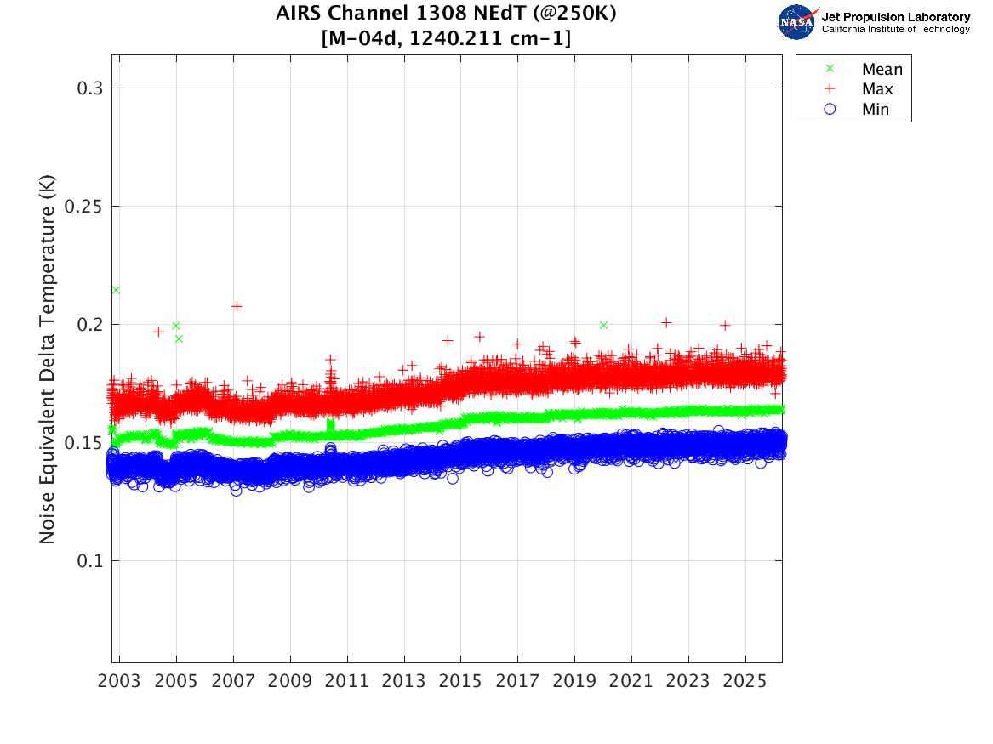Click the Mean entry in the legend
pos(882,70)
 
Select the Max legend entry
pos(877,89)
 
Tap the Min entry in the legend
pos(876,109)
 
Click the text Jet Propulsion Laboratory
pos(895,17)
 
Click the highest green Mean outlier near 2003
pos(116,290)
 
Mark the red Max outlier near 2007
pos(237,306)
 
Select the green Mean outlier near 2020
pos(603,325)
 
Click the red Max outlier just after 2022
pos(666,322)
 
